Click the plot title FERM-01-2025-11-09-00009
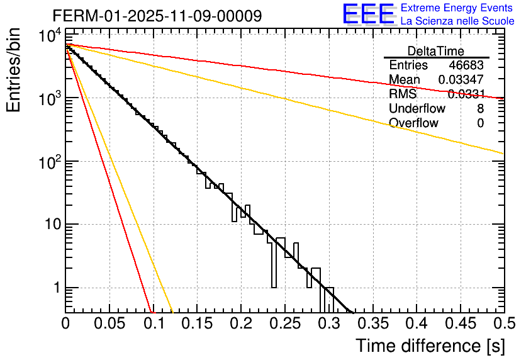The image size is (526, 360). (x=157, y=16)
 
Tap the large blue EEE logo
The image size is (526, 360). (x=368, y=14)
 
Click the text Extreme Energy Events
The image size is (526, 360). (x=457, y=8)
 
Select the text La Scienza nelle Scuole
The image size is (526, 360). (x=457, y=21)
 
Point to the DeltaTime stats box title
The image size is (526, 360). (x=436, y=51)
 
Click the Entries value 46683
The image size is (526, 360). (x=466, y=65)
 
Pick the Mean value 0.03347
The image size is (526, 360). (x=461, y=80)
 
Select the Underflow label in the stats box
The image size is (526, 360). (x=417, y=109)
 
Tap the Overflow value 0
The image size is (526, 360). (x=480, y=123)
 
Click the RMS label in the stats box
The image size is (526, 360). (x=403, y=94)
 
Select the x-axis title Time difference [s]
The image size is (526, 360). (x=430, y=346)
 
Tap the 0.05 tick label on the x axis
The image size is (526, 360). (x=109, y=324)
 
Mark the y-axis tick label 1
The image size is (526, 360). (x=55, y=288)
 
